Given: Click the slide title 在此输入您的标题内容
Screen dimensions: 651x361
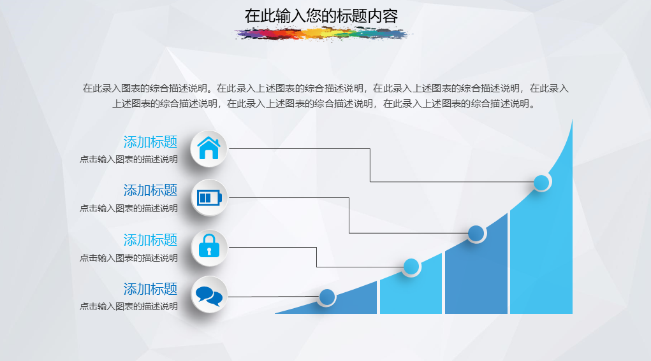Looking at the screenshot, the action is click(x=321, y=16).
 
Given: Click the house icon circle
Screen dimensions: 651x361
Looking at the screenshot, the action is click(x=209, y=148).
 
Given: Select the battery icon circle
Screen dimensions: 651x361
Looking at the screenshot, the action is click(x=209, y=198).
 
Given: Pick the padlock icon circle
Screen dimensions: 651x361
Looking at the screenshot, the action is click(x=209, y=248).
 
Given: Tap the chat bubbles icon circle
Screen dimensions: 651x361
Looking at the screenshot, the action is click(x=209, y=295).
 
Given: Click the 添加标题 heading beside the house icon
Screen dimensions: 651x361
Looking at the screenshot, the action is click(x=150, y=142).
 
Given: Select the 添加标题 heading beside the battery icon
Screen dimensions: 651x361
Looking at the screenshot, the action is click(x=150, y=190).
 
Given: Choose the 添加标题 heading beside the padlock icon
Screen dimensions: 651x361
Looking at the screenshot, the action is click(x=150, y=240).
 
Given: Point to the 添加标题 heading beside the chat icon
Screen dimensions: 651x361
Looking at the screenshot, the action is click(x=150, y=289).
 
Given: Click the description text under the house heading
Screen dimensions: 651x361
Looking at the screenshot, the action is click(x=129, y=160).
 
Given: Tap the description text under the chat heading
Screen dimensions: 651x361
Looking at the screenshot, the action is click(x=129, y=307).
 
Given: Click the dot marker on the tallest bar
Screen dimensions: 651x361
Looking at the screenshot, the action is click(x=541, y=182).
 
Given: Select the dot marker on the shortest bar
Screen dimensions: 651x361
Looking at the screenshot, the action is click(x=326, y=297).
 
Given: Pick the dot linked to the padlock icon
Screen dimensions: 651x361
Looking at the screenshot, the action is click(x=411, y=267).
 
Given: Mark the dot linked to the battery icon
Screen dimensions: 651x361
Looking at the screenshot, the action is click(x=476, y=234).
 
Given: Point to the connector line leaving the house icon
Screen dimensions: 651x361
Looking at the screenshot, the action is click(x=370, y=165).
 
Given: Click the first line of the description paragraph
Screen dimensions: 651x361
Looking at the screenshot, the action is click(x=325, y=88).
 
